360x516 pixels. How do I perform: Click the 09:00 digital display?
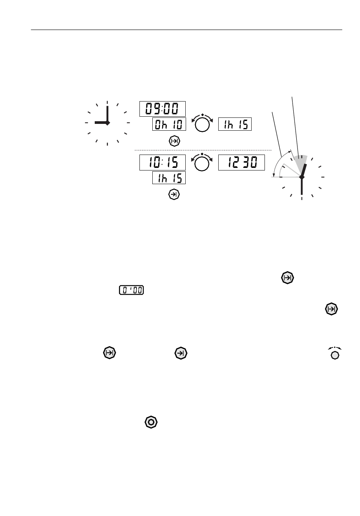[x=163, y=109]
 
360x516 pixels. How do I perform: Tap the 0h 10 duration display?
[x=169, y=124]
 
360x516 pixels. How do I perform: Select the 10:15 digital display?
[x=163, y=163]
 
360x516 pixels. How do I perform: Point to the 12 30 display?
[x=241, y=163]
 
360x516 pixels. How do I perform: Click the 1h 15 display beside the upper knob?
[x=235, y=124]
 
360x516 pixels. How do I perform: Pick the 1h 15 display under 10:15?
[x=169, y=177]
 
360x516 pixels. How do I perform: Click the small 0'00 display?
[x=131, y=290]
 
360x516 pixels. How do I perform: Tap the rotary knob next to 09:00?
[x=202, y=124]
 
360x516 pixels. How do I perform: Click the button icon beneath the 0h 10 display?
[x=174, y=141]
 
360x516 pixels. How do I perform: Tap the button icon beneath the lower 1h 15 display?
[x=174, y=194]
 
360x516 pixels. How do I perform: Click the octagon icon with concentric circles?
[x=151, y=422]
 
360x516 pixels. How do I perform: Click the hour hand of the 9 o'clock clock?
[x=101, y=123]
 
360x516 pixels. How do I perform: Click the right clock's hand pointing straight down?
[x=302, y=186]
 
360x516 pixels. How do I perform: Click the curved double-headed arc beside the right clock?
[x=278, y=161]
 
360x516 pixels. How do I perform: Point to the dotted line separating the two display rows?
[x=203, y=150]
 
